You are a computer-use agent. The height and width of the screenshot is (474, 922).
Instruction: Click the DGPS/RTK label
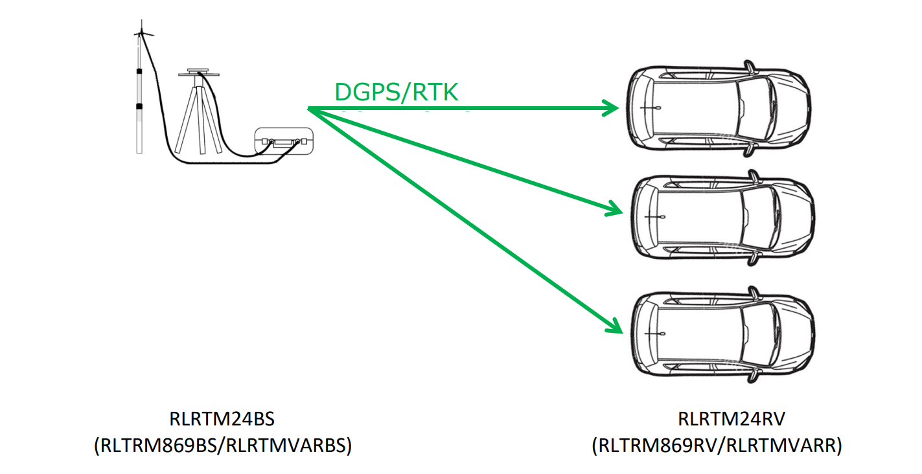point(396,93)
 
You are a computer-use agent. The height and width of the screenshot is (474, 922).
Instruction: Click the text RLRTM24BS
point(222,419)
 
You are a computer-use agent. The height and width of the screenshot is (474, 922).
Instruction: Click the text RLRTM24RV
point(732,419)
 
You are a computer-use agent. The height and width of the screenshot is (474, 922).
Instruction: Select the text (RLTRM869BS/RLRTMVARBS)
point(222,446)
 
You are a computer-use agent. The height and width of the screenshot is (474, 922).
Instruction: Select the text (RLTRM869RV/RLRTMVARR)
point(717,446)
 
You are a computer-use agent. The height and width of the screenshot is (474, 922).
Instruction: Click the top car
point(719,108)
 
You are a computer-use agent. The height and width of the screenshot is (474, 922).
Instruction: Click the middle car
point(722,217)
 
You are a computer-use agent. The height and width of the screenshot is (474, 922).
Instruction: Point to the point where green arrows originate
point(308,108)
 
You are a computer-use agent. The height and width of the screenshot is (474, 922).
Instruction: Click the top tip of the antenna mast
point(141,23)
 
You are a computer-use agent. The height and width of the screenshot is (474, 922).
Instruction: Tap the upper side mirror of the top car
point(750,65)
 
